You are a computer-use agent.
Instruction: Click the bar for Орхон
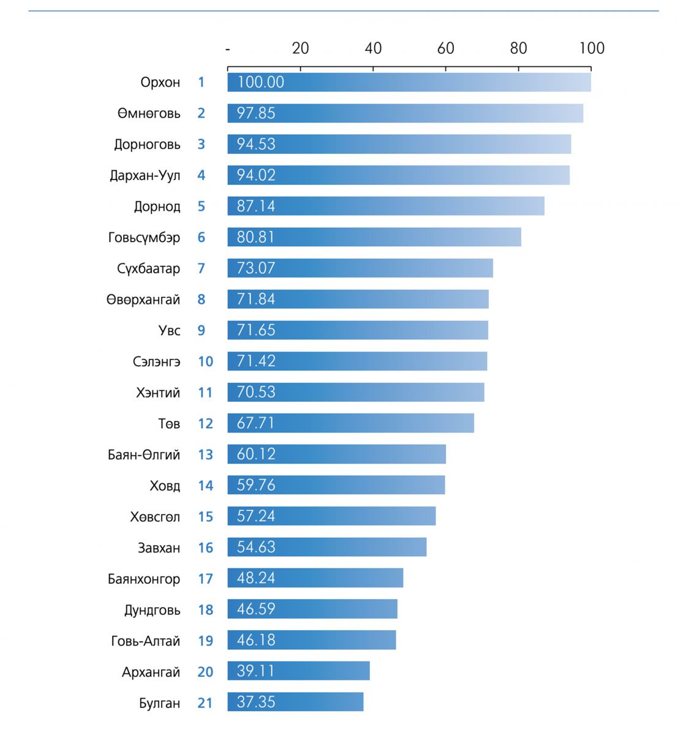coord(409,82)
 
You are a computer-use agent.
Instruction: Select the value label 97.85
coord(256,113)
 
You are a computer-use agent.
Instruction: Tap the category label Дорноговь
coord(147,145)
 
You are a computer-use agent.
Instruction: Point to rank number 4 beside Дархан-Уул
coord(201,175)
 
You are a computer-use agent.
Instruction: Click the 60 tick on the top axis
coord(445,48)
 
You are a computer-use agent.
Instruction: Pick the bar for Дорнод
coord(386,206)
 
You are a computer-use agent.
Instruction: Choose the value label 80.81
coord(256,237)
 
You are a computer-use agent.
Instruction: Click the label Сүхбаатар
coord(148,268)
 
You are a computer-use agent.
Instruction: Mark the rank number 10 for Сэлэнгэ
coord(205,361)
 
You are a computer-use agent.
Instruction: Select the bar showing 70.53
coord(356,392)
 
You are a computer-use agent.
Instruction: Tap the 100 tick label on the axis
coord(592,48)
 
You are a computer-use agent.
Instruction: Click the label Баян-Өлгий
coord(144,454)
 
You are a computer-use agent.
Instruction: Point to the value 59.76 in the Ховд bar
coord(256,485)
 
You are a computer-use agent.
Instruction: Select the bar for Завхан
coord(327,547)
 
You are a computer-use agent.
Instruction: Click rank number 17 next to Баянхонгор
coord(205,578)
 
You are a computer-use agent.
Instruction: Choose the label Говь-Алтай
coord(145,641)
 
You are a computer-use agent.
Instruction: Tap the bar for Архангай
coord(298,671)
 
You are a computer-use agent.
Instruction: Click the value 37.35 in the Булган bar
coord(256,702)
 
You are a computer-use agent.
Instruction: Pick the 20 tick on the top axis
coord(300,48)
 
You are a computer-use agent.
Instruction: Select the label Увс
coord(169,331)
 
